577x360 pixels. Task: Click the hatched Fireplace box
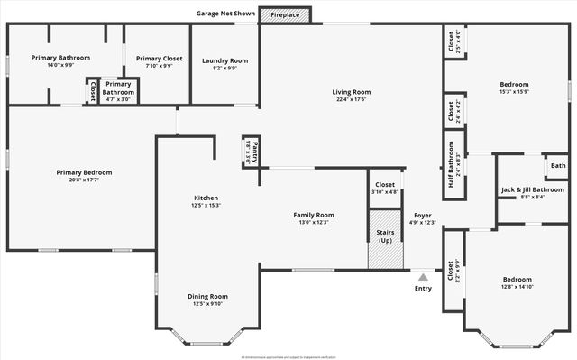pos(285,15)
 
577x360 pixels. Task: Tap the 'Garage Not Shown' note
pos(226,14)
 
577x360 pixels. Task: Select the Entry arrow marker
pos(423,277)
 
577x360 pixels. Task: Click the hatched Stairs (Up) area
pos(384,239)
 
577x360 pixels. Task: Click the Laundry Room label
pos(224,60)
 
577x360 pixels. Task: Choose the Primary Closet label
pos(160,59)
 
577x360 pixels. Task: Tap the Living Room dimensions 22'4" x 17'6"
pos(351,100)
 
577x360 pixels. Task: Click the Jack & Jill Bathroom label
pos(532,189)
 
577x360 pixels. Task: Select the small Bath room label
pos(558,166)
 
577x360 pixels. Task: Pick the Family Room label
pos(314,215)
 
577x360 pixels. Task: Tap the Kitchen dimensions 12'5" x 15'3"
pos(206,205)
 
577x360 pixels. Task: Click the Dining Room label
pos(207,296)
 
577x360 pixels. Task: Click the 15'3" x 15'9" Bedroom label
pos(514,91)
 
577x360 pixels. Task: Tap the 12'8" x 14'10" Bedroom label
pos(517,287)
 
